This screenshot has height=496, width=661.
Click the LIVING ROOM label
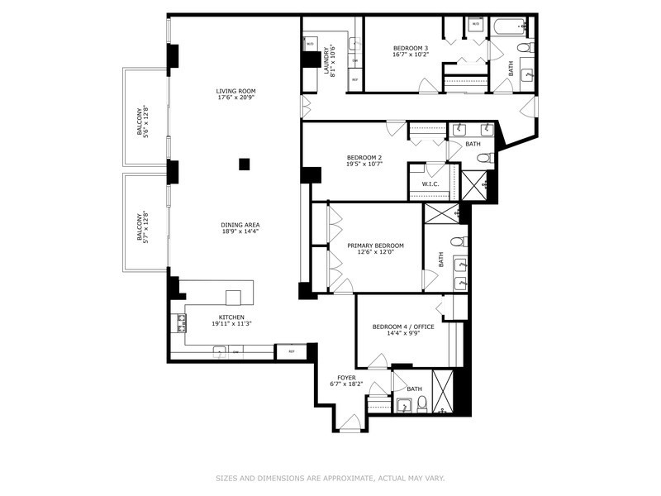[x=235, y=91]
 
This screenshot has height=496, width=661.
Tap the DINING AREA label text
[x=240, y=225]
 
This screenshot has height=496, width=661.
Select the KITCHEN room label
[x=231, y=317]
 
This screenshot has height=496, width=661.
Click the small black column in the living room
[x=245, y=165]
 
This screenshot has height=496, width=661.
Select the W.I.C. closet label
[x=430, y=184]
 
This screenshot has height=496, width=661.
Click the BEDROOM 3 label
[x=410, y=48]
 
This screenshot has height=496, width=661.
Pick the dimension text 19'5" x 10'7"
[x=364, y=164]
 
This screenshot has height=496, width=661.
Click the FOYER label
[x=347, y=377]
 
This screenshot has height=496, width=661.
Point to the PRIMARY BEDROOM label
[x=375, y=246]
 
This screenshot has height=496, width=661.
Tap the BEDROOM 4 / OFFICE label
[x=402, y=327]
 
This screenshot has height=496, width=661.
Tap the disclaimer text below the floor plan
[x=330, y=477]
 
